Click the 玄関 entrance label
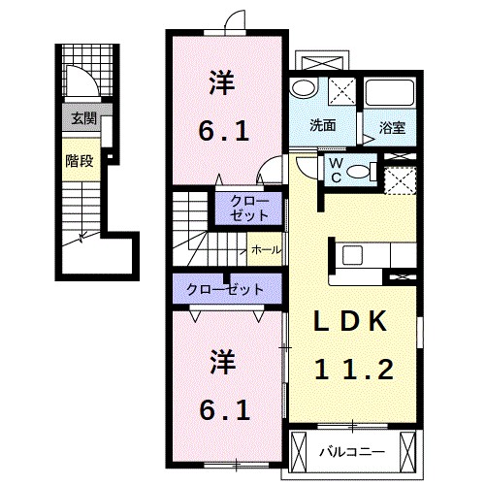tap(82, 119)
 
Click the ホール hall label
tap(266, 250)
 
